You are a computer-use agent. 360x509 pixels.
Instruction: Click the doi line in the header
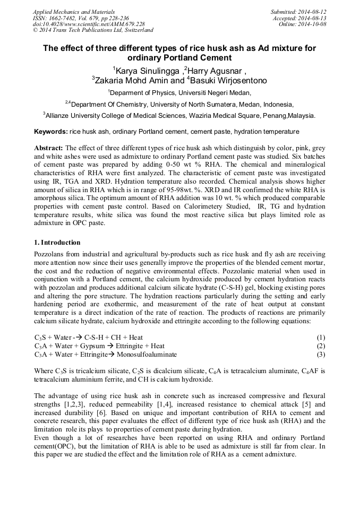(89, 24)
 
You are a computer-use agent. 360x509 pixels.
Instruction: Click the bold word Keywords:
(50, 131)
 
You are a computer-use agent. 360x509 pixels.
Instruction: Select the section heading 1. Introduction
(57, 242)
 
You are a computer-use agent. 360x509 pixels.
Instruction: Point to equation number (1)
(321, 338)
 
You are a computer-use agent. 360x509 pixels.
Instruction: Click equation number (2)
(321, 346)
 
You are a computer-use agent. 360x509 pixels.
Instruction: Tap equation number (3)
(321, 354)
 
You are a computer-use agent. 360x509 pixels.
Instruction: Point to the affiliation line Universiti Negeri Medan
(179, 92)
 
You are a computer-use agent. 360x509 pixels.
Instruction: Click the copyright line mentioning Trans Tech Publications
(93, 30)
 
